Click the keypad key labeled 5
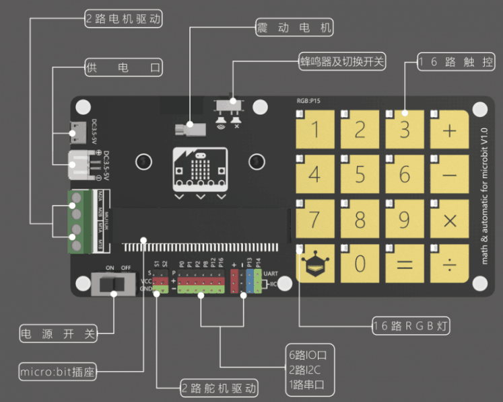tap(360, 174)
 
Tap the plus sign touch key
tap(450, 130)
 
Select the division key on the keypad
tap(450, 263)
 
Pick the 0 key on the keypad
tap(360, 263)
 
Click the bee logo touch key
tap(315, 264)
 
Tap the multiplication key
tap(450, 219)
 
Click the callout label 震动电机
tap(294, 28)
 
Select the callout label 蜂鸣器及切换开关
tap(342, 62)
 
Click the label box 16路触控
tap(457, 62)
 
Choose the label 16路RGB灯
tap(411, 326)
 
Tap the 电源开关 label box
tap(57, 333)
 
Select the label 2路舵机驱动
tap(220, 388)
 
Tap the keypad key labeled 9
tap(405, 219)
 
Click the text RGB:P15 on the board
tap(308, 100)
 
